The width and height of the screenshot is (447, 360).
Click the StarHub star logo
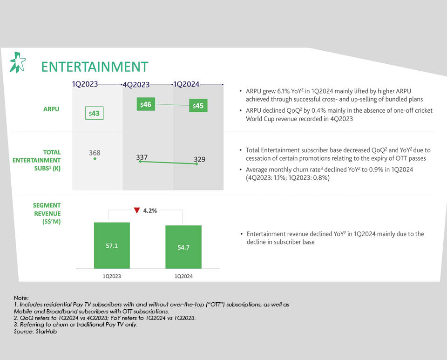[x=18, y=62]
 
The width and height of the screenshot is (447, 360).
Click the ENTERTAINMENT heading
[x=95, y=67]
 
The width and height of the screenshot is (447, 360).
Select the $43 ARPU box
[x=95, y=113]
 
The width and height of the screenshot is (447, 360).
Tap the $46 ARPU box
[x=146, y=104]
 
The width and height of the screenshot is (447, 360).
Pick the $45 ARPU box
[x=198, y=106]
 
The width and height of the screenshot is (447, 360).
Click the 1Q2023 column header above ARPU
[x=85, y=84]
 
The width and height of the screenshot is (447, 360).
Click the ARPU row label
[x=51, y=109]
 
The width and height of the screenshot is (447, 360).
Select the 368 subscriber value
[x=95, y=153]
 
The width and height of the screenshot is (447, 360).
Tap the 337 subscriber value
[x=142, y=157]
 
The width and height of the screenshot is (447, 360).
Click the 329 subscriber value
[x=200, y=159]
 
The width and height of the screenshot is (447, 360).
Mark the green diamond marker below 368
[x=95, y=159]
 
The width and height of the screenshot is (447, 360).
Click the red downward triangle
[x=137, y=211]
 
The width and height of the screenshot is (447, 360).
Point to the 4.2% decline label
[x=150, y=211]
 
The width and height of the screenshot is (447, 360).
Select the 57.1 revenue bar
[x=112, y=245]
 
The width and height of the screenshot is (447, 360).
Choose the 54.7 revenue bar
[x=183, y=247]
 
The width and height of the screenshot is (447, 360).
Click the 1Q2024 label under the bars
[x=183, y=276]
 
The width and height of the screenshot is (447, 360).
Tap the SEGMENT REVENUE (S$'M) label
[x=47, y=213]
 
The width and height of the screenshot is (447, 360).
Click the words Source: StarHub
[x=35, y=332]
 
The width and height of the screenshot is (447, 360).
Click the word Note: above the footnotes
[x=21, y=298]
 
